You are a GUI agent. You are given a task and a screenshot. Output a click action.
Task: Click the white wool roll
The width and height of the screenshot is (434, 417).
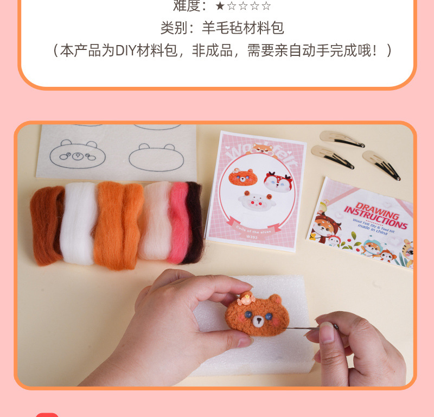pos(78,223)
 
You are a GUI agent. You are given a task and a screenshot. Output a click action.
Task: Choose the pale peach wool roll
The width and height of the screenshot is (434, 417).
pos(156,220)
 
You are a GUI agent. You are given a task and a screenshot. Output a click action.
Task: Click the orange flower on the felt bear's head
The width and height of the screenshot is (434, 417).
pos(247,298)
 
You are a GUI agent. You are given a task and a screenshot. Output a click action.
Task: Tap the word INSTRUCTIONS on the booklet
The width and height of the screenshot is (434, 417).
pos(372,213)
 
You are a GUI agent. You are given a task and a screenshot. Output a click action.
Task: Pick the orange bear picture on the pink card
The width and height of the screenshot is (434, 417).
pos(242,177)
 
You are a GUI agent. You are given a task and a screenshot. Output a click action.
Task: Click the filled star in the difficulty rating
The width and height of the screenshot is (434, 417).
pos(220,6)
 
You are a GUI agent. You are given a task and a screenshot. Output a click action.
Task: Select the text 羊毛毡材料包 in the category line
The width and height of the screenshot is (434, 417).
pos(243,28)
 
